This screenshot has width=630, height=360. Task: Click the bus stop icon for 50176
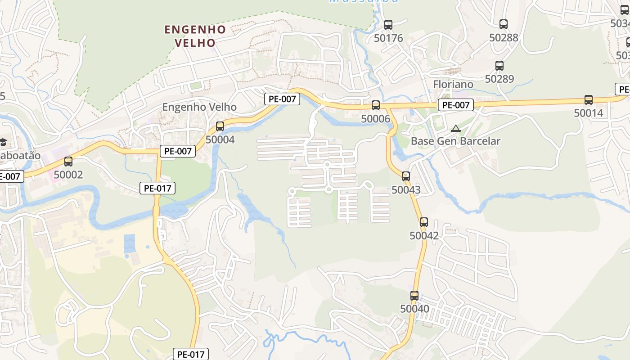388,25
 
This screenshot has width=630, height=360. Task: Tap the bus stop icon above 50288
504,24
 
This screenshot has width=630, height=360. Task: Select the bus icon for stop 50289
499,66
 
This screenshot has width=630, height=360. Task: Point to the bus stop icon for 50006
376,105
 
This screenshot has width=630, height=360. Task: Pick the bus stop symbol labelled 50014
589,100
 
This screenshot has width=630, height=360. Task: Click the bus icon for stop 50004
220,126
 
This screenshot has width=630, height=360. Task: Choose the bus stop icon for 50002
68,161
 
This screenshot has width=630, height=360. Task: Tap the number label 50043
406,190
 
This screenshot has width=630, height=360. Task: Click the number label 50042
424,235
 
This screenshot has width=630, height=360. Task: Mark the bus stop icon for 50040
414,296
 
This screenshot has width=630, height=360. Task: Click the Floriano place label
453,84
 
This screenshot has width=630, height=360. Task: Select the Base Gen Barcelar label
455,141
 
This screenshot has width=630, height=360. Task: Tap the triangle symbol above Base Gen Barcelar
456,128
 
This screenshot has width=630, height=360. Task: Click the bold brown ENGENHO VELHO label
195,36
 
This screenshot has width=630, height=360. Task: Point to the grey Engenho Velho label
199,107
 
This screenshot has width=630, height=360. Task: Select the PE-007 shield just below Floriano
456,105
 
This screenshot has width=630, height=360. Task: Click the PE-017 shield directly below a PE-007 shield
157,188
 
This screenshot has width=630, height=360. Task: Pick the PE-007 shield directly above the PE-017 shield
178,151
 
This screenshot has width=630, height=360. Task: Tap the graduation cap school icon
3,142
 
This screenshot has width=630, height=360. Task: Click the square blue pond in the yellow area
130,243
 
